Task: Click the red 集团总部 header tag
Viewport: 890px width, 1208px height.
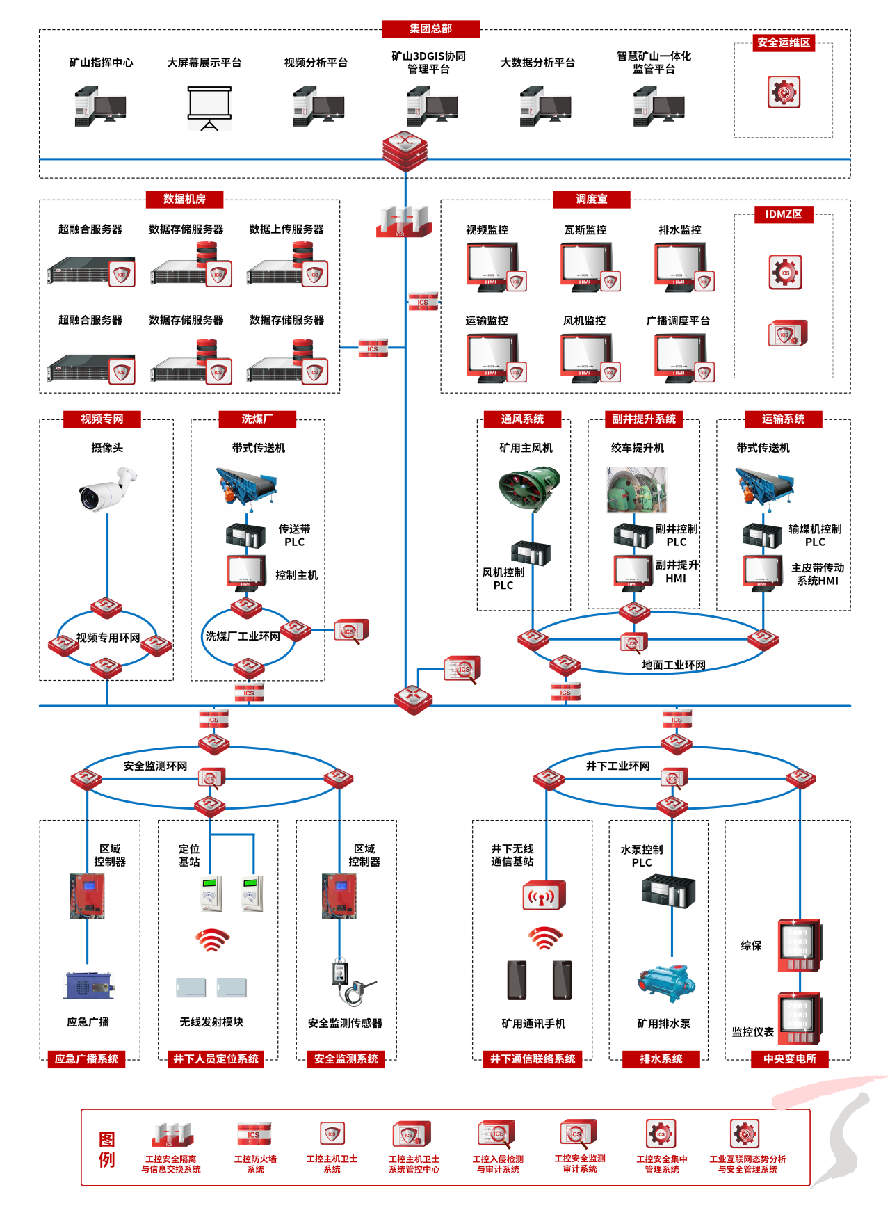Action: tap(430, 29)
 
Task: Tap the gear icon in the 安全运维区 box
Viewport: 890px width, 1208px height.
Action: tap(784, 92)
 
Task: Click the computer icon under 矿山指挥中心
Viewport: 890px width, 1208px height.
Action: tap(100, 106)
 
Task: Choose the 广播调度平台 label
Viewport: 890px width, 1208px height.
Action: tap(678, 321)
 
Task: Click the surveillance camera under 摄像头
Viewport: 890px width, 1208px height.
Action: tap(107, 488)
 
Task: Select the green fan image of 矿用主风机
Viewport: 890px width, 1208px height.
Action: tap(529, 489)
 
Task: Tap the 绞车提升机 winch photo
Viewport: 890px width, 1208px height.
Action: tap(637, 490)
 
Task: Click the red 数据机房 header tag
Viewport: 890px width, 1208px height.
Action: tap(184, 199)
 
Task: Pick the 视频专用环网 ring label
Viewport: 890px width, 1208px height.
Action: tap(108, 637)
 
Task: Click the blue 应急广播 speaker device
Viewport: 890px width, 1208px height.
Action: tap(89, 985)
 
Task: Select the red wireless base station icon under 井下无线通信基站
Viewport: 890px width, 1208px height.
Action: tap(544, 896)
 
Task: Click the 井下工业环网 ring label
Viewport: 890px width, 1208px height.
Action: tap(617, 766)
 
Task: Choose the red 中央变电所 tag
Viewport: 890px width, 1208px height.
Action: tap(790, 1058)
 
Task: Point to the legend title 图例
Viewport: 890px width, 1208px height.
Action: tap(106, 1149)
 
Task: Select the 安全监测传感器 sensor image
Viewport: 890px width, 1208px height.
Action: tap(352, 983)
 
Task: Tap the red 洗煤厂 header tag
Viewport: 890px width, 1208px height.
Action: tap(257, 419)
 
